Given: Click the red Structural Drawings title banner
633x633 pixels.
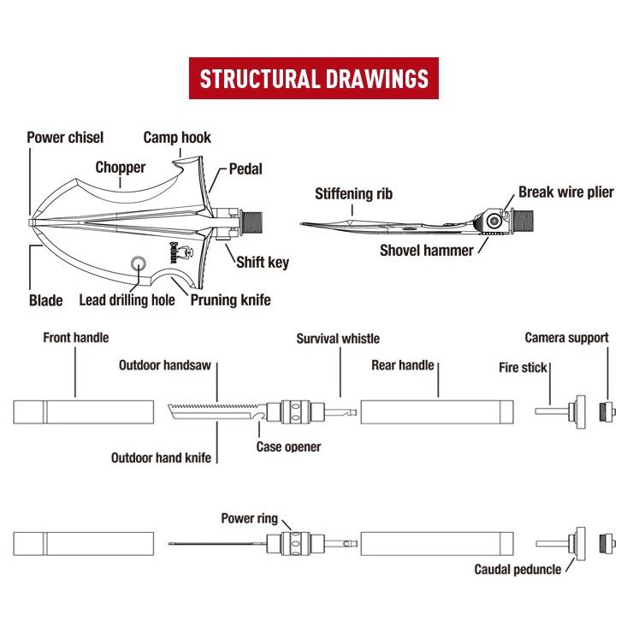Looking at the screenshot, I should pyautogui.click(x=314, y=80).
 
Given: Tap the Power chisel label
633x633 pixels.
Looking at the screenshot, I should pyautogui.click(x=65, y=137).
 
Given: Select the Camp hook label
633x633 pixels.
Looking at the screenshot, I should pyautogui.click(x=177, y=137).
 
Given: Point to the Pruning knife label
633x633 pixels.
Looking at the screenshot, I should pyautogui.click(x=231, y=300).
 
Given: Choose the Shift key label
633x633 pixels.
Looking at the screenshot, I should pyautogui.click(x=266, y=262).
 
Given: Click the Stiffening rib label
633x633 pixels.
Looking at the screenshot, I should pyautogui.click(x=353, y=193).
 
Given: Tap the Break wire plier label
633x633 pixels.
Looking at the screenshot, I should pyautogui.click(x=565, y=192).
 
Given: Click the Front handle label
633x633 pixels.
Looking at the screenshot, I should pyautogui.click(x=76, y=338).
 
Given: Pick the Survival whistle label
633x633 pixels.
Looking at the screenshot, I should pyautogui.click(x=338, y=339).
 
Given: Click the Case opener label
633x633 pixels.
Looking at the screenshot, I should pyautogui.click(x=289, y=447).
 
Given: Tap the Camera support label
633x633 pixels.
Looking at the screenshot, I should pyautogui.click(x=566, y=338).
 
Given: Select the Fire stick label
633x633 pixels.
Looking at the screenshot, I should pyautogui.click(x=524, y=367).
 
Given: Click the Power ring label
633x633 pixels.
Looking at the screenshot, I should pyautogui.click(x=249, y=518).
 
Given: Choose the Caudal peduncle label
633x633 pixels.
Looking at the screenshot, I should pyautogui.click(x=518, y=569).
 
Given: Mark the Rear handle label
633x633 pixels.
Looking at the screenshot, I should pyautogui.click(x=403, y=366).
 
